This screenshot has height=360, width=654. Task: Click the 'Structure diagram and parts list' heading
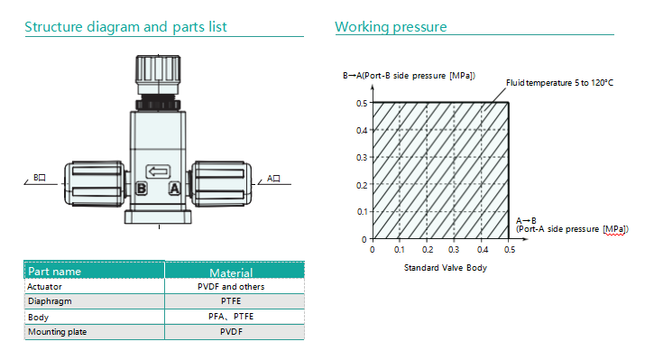click(125, 27)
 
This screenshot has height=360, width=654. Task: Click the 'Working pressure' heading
click(391, 27)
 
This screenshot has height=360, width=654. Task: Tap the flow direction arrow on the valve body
click(158, 171)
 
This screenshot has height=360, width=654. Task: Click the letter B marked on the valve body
click(142, 189)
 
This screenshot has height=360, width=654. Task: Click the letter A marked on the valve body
click(174, 189)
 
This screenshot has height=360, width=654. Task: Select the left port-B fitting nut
click(95, 183)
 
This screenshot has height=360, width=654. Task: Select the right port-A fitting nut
click(221, 183)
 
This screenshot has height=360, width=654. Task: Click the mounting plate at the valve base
click(158, 217)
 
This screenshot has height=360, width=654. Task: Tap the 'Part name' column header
click(55, 272)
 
